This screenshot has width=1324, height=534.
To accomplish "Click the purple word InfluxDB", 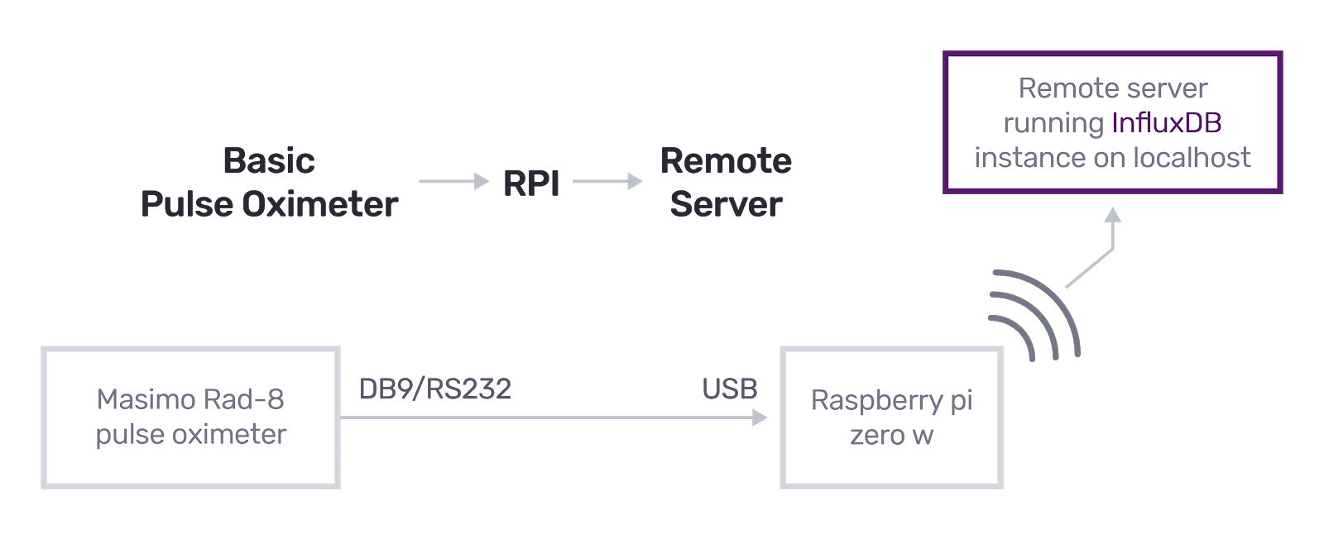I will (1166, 123).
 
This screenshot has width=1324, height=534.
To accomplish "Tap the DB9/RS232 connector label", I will (435, 389).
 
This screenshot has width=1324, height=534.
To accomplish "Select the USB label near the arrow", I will (729, 389).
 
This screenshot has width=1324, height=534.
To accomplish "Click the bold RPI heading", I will (531, 184).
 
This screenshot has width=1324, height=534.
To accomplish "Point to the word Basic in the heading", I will (269, 161).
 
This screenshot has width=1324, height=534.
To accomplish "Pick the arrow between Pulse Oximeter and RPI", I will (453, 181).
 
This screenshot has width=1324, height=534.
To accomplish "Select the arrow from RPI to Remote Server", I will (607, 181).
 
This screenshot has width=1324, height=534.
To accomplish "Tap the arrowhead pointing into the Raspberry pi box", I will (760, 417).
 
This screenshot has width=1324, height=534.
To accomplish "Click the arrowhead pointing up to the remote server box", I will (1113, 216).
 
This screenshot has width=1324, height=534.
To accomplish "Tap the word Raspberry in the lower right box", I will (876, 400).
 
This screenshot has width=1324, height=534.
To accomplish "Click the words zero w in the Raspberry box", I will (891, 435).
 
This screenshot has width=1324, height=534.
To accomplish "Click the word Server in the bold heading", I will (726, 204).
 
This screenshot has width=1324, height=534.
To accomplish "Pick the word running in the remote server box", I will (1053, 123).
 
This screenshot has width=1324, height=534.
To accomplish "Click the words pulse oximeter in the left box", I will (191, 434).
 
